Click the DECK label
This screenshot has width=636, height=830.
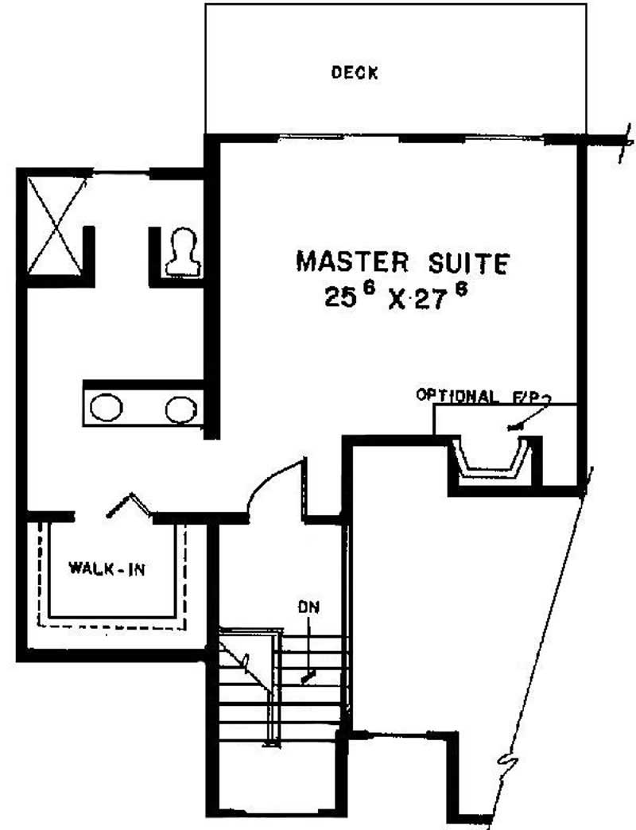tap(355, 72)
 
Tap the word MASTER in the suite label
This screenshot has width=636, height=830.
tap(352, 262)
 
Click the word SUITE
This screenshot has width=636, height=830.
tap(469, 263)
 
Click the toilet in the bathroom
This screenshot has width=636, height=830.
tap(183, 252)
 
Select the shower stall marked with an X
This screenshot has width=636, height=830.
tap(56, 226)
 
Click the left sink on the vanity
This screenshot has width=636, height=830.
tap(107, 408)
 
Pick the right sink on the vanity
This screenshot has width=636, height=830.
tap(181, 409)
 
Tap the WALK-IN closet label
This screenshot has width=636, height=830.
tap(107, 569)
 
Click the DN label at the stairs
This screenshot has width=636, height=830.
tap(309, 607)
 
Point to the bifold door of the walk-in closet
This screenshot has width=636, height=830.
tap(130, 504)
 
